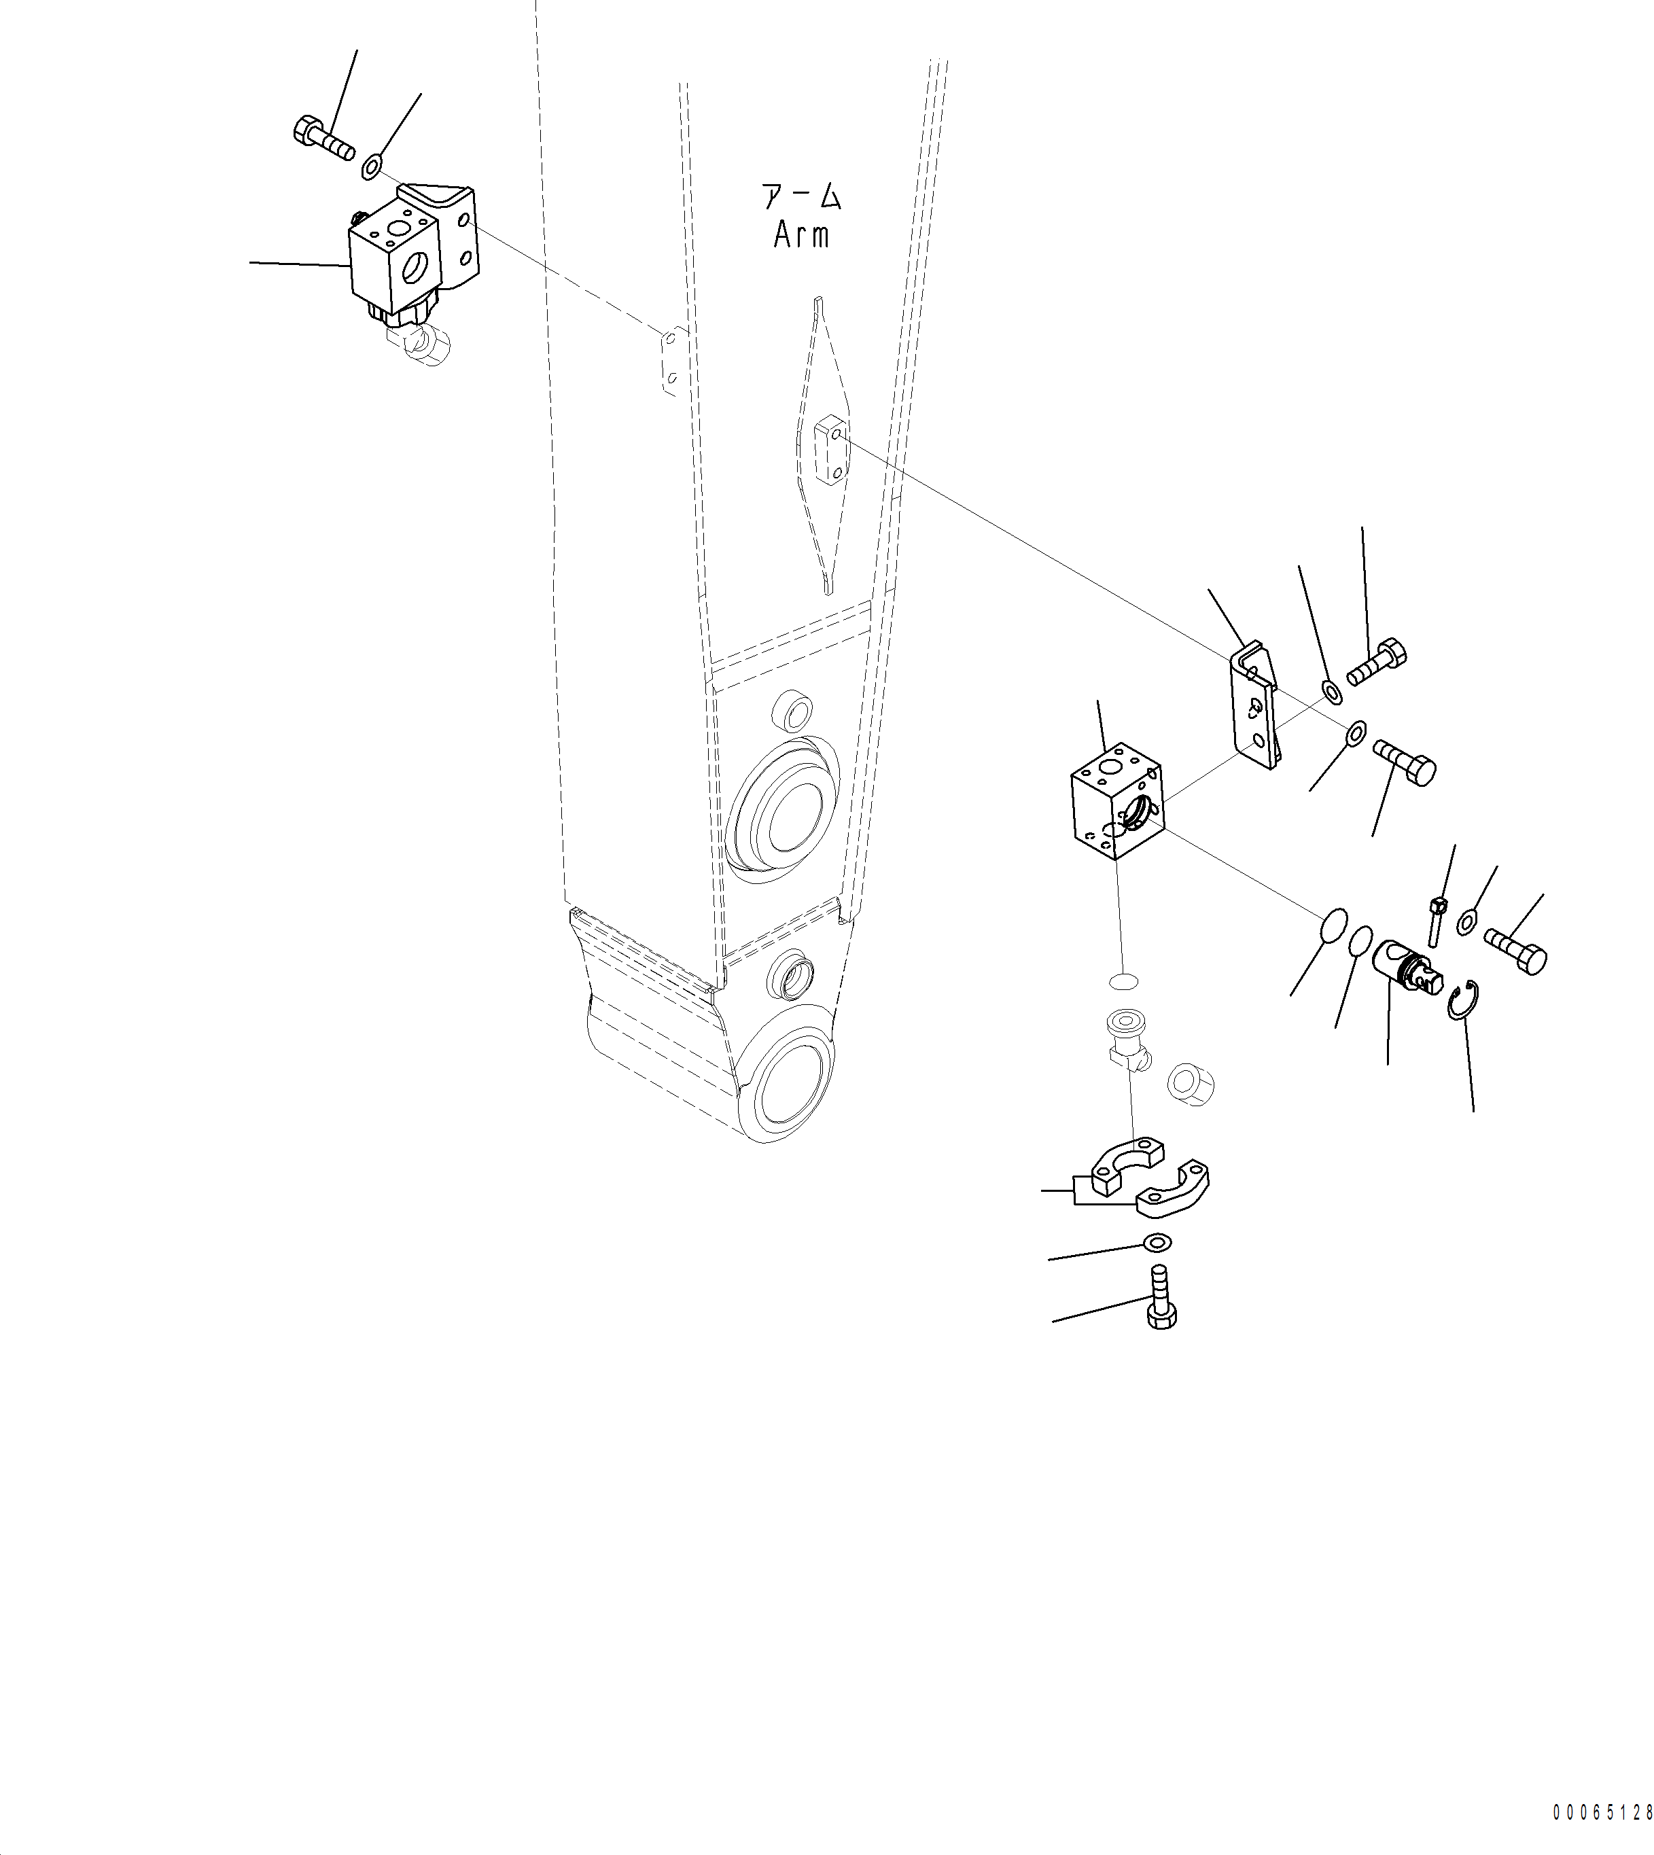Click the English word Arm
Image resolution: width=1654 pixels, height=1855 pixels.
click(800, 235)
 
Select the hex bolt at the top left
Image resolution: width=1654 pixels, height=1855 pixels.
click(323, 140)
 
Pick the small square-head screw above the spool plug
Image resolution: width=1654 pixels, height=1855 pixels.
click(1436, 919)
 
